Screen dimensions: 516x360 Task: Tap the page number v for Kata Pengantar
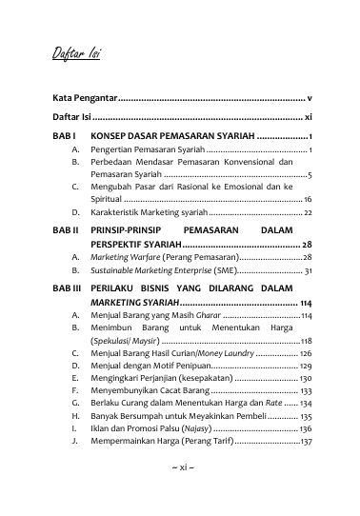coord(310,99)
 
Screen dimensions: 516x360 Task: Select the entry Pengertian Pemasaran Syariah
coord(147,151)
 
